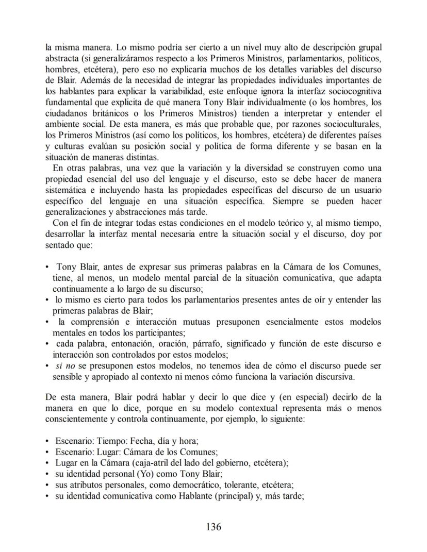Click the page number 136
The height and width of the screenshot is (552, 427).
(213, 527)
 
